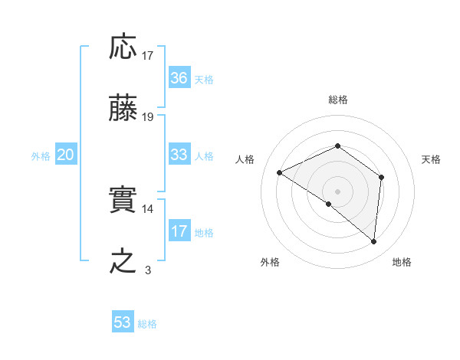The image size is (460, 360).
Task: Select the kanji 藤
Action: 123,109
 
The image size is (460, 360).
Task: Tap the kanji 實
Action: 123,201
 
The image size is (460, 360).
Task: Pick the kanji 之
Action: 123,262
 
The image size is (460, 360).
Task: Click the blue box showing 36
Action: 179,78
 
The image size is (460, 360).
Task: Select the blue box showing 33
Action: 179,155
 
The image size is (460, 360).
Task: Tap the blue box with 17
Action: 179,231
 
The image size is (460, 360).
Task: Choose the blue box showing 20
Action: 66,155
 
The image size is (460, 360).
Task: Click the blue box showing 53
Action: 123,322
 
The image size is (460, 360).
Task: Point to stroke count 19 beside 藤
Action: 148,117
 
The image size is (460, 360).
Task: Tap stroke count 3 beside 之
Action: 148,270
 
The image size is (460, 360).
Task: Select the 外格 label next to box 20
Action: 41,156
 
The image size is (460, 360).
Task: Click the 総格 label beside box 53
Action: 147,324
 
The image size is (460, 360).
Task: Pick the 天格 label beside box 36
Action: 204,80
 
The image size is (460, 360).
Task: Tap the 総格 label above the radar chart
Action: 337,100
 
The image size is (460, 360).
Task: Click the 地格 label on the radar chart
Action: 402,262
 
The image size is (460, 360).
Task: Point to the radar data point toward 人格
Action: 280,173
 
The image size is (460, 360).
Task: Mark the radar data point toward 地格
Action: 374,242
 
